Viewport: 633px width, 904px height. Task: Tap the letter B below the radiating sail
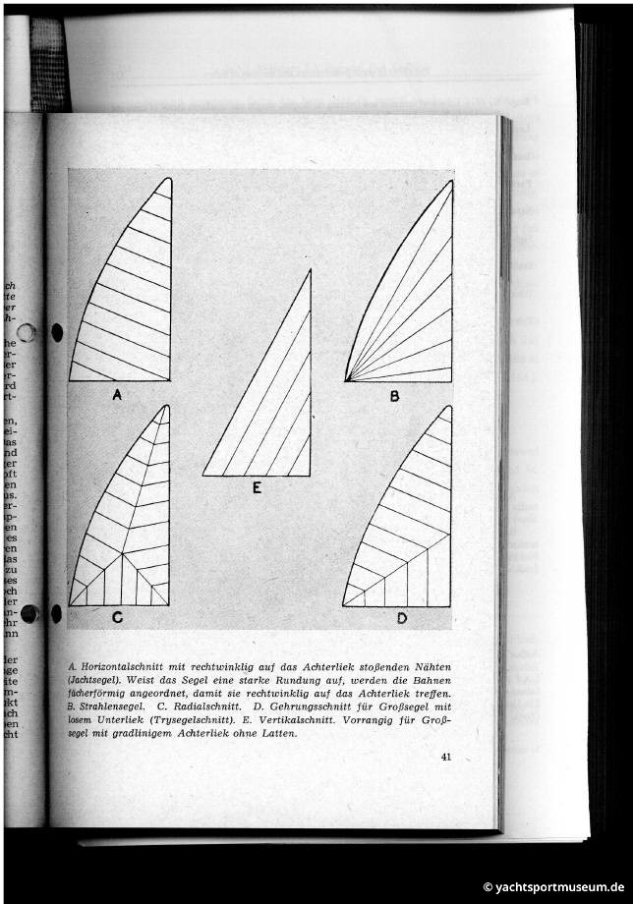pyautogui.click(x=394, y=397)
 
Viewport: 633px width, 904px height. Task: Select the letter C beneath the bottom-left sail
pyautogui.click(x=117, y=618)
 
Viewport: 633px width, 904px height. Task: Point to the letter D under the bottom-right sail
pyautogui.click(x=401, y=618)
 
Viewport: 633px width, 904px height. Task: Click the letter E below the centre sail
pyautogui.click(x=257, y=487)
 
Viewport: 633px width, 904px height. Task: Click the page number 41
pyautogui.click(x=445, y=757)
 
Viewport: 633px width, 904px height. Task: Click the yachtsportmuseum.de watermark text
pyautogui.click(x=559, y=886)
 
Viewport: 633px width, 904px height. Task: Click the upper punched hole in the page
pyautogui.click(x=56, y=332)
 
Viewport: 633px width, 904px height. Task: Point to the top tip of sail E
pyautogui.click(x=310, y=270)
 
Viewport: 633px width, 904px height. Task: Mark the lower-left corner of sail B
pyautogui.click(x=345, y=380)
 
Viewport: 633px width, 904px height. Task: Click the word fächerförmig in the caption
pyautogui.click(x=105, y=694)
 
